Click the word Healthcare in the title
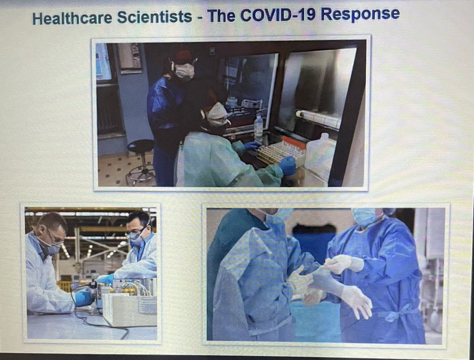(x=68, y=18)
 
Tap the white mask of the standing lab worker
(x=184, y=71)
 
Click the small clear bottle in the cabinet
(x=259, y=126)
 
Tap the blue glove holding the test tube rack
(x=287, y=165)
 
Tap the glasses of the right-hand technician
(x=134, y=235)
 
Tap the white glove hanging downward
(x=357, y=302)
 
